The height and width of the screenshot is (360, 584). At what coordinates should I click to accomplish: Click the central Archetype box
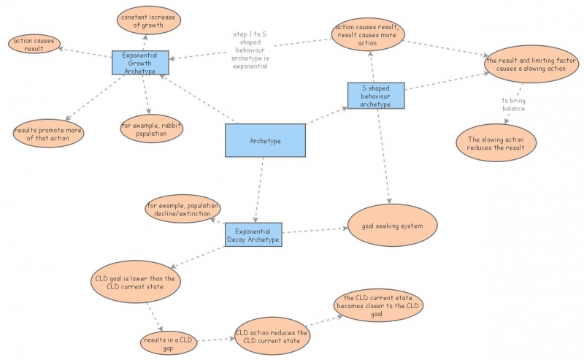click(265, 140)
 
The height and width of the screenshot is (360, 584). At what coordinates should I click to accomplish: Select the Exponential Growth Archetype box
click(140, 63)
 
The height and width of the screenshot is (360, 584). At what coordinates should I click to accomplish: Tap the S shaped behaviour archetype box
click(375, 96)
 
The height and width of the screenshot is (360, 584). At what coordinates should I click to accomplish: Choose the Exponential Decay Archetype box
click(253, 235)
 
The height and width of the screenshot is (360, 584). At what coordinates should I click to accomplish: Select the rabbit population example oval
click(151, 129)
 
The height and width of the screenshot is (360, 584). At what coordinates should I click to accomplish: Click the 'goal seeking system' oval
click(392, 226)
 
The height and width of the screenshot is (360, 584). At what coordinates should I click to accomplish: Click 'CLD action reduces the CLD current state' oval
click(272, 337)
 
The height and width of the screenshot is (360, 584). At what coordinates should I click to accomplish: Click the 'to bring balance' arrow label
click(514, 104)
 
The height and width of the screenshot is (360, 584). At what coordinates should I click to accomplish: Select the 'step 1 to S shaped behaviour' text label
click(250, 50)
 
